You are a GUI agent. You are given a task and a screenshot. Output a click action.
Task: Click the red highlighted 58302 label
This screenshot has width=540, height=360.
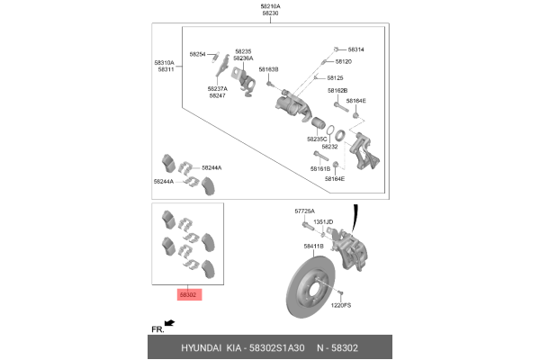(x=187, y=294)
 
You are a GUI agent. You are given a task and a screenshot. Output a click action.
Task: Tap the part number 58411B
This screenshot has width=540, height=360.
(x=313, y=246)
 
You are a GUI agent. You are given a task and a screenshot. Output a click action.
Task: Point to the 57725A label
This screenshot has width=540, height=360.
(x=306, y=211)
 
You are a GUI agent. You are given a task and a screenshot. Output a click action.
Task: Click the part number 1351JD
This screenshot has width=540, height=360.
(x=323, y=221)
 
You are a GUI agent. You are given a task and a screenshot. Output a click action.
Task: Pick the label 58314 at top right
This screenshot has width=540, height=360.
(x=355, y=49)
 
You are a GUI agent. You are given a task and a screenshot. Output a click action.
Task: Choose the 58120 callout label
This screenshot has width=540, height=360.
(x=344, y=61)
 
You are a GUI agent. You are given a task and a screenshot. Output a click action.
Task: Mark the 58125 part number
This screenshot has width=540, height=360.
(x=336, y=78)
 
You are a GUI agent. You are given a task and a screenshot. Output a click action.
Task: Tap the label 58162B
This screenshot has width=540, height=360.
(x=337, y=91)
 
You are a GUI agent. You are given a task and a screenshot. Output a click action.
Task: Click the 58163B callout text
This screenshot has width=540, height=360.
(x=268, y=69)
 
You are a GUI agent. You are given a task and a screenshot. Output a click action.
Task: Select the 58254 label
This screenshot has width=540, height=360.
(x=198, y=54)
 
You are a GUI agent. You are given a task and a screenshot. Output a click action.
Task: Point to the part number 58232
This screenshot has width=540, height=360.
(x=329, y=147)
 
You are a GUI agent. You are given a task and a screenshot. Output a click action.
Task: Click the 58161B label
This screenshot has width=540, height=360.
(x=321, y=168)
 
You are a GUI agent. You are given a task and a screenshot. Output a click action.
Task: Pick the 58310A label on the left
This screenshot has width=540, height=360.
(x=165, y=62)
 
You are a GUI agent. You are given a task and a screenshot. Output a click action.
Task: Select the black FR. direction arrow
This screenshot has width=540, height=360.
(x=169, y=321)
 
